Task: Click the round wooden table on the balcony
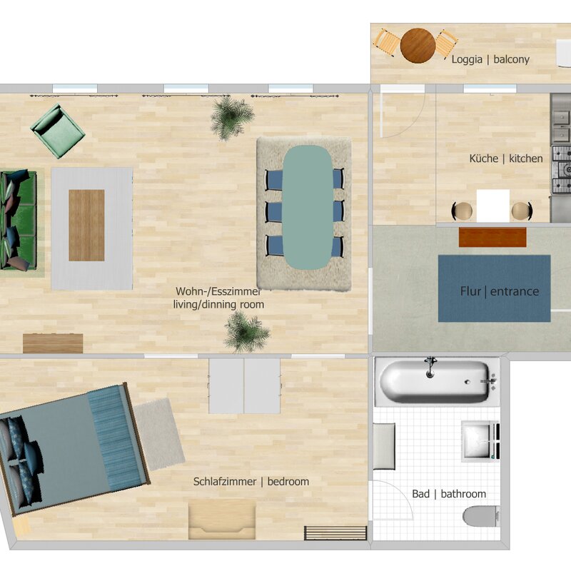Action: coord(418,46)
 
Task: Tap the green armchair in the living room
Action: coord(58,131)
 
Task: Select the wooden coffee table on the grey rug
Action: coord(86,225)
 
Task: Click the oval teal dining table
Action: coord(308,207)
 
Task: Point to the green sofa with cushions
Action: coord(19,220)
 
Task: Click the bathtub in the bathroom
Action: coord(435,381)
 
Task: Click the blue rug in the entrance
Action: coord(494,288)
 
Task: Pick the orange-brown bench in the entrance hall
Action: coord(492,237)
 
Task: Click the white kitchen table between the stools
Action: coord(492,206)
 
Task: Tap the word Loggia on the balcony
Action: coord(467,59)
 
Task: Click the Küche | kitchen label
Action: coord(506,158)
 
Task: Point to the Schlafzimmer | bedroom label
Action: coord(251,481)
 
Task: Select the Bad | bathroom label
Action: coord(449,494)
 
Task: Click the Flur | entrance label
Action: coord(499,291)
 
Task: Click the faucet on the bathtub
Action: coord(430,367)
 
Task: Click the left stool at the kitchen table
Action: coord(462,211)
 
